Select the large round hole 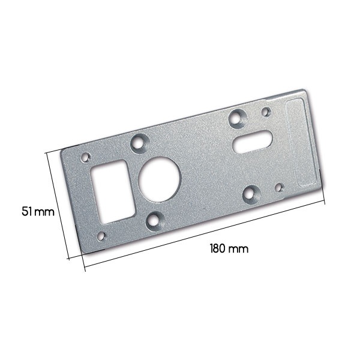pyautogui.click(x=160, y=179)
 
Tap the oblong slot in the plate pyautogui.click(x=253, y=142)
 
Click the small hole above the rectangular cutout pyautogui.click(x=86, y=157)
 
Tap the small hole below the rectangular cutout pyautogui.click(x=101, y=236)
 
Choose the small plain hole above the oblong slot pyautogui.click(x=266, y=112)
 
